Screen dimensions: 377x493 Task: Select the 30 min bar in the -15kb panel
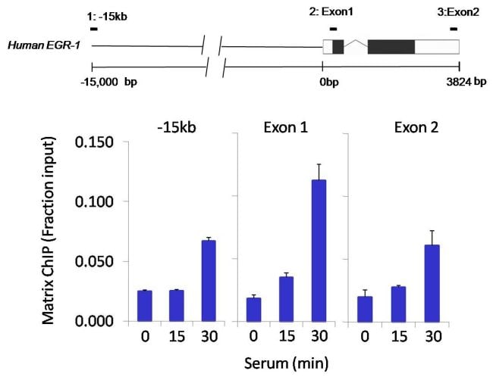(209, 281)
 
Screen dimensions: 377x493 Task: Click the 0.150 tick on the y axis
(96, 143)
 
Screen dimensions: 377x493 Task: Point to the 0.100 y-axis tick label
(96, 202)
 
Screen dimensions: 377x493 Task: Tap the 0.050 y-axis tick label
(96, 262)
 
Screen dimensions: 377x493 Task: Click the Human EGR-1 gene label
(38, 45)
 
